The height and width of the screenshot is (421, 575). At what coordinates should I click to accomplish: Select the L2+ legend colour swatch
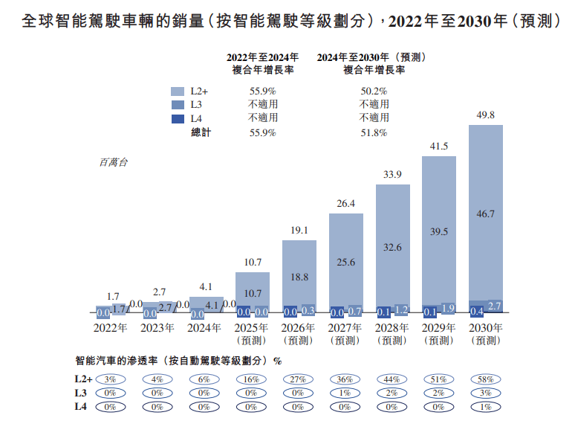point(178,91)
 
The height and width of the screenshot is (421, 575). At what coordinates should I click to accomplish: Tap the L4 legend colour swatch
point(178,118)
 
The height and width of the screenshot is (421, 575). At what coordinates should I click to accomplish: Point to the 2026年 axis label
point(299,328)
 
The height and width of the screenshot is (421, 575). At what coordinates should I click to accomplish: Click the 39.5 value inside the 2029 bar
point(440,232)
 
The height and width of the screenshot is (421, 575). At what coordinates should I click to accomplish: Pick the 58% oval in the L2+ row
point(486,379)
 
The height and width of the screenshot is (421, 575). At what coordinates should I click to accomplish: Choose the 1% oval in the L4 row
point(486,407)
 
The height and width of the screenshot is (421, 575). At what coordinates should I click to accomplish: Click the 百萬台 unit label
point(112,162)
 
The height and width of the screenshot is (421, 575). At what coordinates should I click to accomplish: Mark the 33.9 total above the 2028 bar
point(393,175)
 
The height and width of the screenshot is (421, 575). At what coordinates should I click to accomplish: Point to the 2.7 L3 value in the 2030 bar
point(495,306)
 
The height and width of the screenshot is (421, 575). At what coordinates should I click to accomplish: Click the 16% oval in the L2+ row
point(252,379)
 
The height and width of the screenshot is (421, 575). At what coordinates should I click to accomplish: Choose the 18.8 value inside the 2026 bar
point(299,275)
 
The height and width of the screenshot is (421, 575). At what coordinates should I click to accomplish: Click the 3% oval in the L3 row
point(486,393)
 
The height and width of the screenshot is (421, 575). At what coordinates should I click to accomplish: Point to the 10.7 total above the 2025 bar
point(253,263)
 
